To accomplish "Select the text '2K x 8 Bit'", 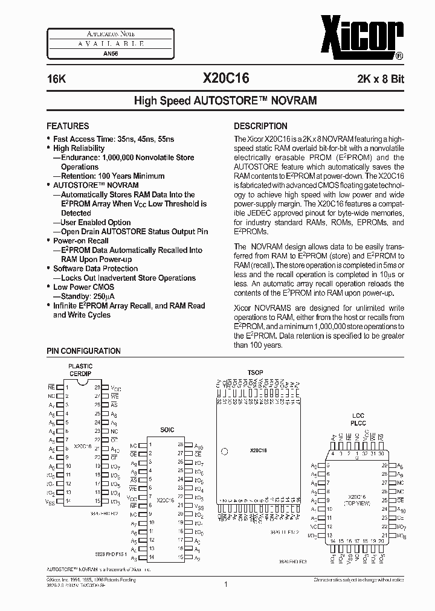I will (381, 79).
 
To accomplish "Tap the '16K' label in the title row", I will (56, 79).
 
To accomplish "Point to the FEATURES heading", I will (68, 126).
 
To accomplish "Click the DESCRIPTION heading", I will (260, 126).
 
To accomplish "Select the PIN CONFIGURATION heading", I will (83, 351).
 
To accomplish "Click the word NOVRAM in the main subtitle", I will (292, 100).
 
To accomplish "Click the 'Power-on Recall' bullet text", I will (81, 240).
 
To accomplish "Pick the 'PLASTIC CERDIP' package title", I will (80, 369).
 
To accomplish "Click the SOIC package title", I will (167, 430).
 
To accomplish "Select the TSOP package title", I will (255, 373).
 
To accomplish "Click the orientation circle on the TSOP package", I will (224, 450).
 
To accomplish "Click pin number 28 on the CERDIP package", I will (97, 388).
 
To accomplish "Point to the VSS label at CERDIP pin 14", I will (51, 501).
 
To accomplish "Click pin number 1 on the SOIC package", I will (150, 444).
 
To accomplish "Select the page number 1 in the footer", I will (225, 584).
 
